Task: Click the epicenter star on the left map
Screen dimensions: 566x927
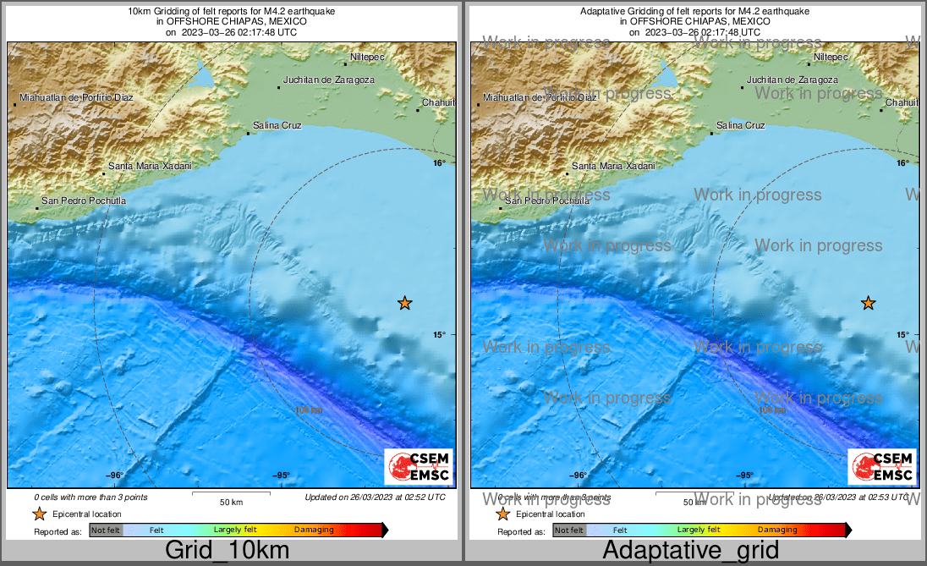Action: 405,303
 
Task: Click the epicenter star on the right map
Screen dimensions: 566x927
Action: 868,303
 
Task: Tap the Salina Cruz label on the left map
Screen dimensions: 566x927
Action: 277,125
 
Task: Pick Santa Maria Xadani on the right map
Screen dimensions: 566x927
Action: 613,166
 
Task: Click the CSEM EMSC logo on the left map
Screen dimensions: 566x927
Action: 419,467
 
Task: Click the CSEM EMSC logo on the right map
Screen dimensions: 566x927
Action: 881,467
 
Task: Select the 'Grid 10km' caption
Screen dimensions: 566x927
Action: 228,551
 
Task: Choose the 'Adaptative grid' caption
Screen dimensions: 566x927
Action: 691,551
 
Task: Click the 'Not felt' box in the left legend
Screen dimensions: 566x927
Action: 106,530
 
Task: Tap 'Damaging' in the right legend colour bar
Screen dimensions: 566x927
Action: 776,530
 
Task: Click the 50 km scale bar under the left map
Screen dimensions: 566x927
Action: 231,494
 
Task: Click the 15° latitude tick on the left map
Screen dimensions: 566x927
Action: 438,335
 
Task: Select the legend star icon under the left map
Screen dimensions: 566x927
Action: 39,514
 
